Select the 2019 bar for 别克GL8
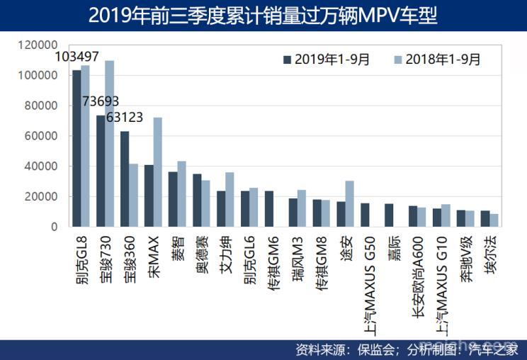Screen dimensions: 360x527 76,149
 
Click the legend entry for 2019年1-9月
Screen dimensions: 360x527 327,60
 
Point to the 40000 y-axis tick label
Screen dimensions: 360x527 41,167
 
